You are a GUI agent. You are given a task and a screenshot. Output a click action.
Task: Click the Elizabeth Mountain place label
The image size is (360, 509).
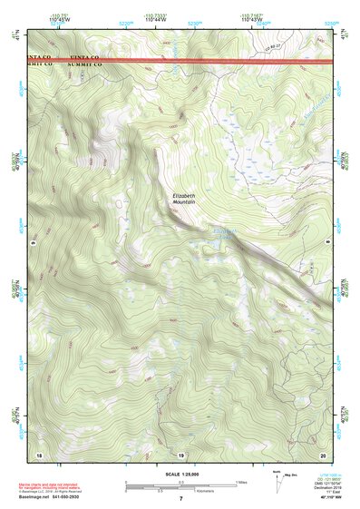tap(184, 201)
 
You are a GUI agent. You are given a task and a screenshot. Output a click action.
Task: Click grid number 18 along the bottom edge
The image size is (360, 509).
tap(39, 455)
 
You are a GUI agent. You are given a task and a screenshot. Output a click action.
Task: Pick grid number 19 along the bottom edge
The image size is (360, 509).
tap(180, 455)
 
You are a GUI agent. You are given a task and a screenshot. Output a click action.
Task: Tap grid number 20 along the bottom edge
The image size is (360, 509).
tap(322, 455)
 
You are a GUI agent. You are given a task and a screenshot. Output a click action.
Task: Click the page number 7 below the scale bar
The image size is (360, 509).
tap(180, 499)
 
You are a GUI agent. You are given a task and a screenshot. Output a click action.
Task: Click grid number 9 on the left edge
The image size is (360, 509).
tap(32, 243)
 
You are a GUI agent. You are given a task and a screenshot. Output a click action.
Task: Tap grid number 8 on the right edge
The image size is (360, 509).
tap(327, 243)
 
